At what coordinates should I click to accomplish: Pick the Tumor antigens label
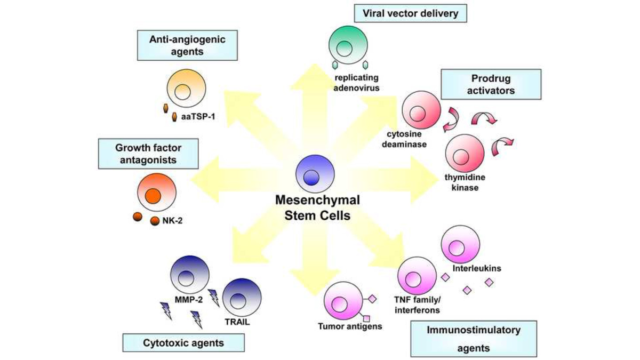point(350,326)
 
